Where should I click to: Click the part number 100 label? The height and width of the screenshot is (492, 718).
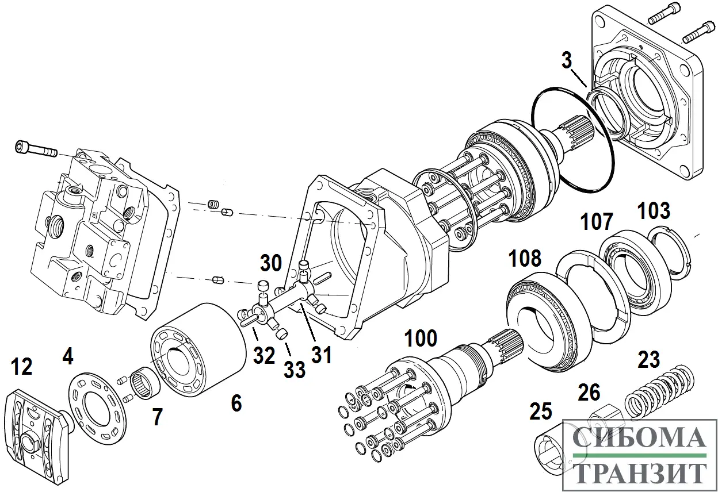[421, 339]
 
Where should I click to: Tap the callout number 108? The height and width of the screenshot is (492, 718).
[524, 259]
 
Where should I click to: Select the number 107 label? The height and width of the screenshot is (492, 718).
[596, 222]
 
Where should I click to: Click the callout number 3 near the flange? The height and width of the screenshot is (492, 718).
[566, 59]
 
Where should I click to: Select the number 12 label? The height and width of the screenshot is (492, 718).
[22, 366]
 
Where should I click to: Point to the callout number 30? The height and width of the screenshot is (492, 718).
[270, 263]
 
